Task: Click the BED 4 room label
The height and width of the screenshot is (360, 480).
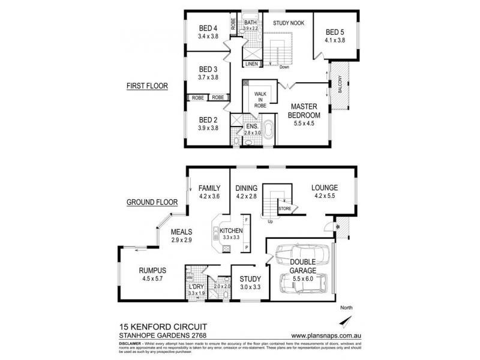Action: [208, 28]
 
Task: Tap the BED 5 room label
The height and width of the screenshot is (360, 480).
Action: [335, 32]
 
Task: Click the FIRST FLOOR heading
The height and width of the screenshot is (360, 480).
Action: [146, 86]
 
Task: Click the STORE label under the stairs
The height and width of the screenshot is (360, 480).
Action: [285, 209]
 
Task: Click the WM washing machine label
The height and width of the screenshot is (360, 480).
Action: [189, 278]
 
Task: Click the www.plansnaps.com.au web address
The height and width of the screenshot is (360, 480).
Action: [321, 335]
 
